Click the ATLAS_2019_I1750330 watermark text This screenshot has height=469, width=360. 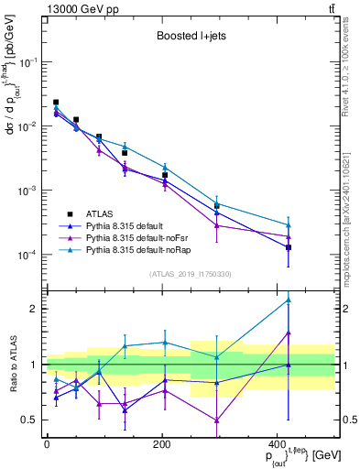click(x=190, y=274)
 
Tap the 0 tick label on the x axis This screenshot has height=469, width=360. click(x=47, y=442)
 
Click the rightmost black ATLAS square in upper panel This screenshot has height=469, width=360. click(x=289, y=247)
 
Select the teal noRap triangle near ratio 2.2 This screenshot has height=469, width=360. click(x=289, y=300)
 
